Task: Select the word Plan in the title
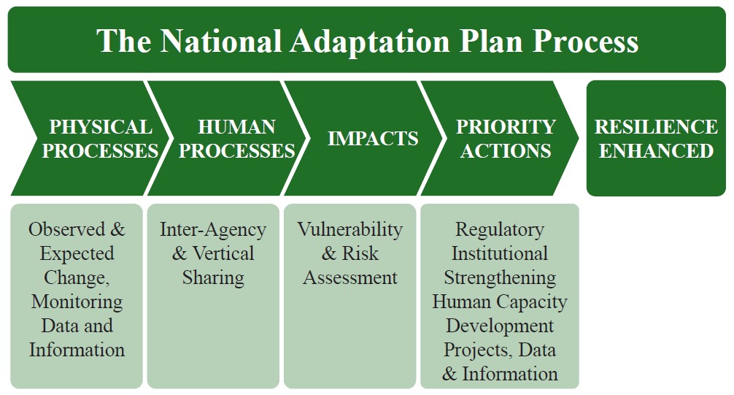click(x=490, y=41)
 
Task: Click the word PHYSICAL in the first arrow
click(x=101, y=127)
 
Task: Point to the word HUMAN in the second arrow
click(x=236, y=127)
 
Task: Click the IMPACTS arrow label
click(x=373, y=138)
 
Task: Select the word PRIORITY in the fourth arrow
click(x=506, y=127)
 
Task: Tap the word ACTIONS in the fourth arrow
click(x=506, y=151)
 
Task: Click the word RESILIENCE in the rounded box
click(x=656, y=127)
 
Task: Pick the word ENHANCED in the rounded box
click(x=656, y=151)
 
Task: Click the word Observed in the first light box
click(x=66, y=229)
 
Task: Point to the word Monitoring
click(x=77, y=302)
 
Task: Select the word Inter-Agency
click(x=213, y=230)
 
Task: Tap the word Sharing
click(x=213, y=278)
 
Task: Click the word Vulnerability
click(x=349, y=230)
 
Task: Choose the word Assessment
click(x=349, y=277)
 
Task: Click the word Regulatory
click(x=500, y=230)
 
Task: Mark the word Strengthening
click(x=500, y=278)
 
